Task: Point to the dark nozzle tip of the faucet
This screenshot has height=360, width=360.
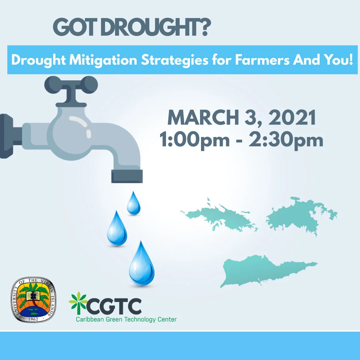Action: [x=127, y=176]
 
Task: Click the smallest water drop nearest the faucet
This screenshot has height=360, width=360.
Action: [x=133, y=204]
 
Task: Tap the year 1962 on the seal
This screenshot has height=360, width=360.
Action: [x=33, y=317]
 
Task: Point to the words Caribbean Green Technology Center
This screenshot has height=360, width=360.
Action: [x=126, y=319]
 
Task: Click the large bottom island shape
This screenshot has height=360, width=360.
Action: [x=260, y=270]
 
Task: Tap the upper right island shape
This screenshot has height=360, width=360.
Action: [x=298, y=215]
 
